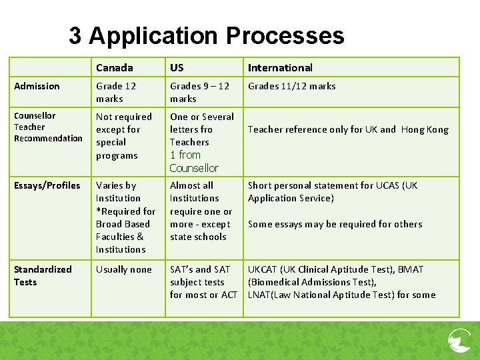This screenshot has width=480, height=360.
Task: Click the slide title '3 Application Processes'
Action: [207, 35]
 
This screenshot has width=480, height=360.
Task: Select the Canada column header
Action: [114, 67]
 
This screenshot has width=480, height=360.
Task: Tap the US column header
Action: [177, 67]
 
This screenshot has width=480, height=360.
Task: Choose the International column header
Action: [280, 67]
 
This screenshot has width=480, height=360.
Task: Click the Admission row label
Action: [37, 86]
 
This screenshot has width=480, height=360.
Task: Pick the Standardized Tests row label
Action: [43, 275]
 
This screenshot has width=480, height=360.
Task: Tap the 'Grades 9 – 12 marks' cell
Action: [199, 92]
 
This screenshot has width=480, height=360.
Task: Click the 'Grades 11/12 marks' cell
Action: [291, 86]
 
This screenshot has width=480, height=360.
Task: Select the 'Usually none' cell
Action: [123, 269]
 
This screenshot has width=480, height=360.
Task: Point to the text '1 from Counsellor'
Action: [193, 161]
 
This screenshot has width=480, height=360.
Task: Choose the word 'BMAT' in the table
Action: [411, 269]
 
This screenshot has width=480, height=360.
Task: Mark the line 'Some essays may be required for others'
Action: [335, 224]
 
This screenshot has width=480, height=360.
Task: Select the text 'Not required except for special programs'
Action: [123, 136]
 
